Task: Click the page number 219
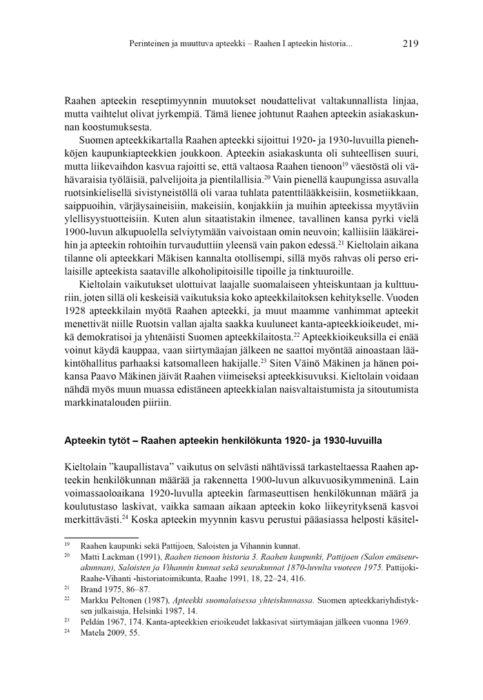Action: [x=409, y=43]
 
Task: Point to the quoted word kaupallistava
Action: [x=146, y=466]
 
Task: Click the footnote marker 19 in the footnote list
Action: [x=68, y=545]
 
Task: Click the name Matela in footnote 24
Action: [x=95, y=633]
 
